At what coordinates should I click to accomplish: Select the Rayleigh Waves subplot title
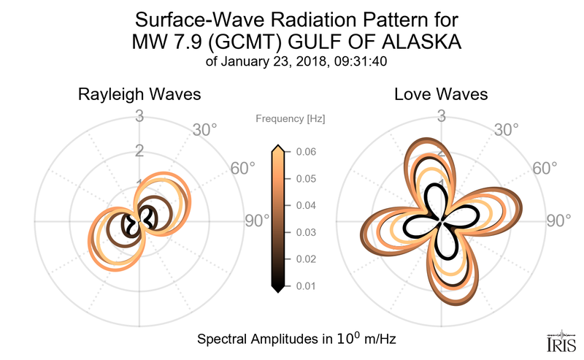coord(139,95)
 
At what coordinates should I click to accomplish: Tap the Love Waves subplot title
coord(441,95)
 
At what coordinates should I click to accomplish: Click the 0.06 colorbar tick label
coord(307,152)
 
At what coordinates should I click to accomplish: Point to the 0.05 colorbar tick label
coord(307,179)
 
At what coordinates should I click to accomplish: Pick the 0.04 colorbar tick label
coord(307,205)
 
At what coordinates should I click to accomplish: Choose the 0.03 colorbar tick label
coord(307,232)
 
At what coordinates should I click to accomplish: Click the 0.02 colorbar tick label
coord(307,259)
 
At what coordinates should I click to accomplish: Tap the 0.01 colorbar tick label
coord(307,286)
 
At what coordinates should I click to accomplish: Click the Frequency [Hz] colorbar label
coord(291,118)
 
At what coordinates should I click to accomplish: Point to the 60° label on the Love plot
coord(540,168)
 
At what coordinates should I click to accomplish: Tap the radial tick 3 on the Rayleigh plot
coord(139,115)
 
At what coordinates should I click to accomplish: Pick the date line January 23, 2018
coord(297,62)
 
